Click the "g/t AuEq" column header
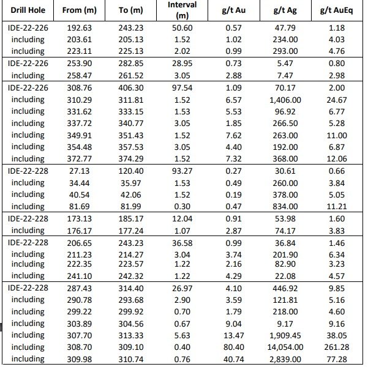[337, 10]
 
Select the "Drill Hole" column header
[28, 10]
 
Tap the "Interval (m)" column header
[182, 10]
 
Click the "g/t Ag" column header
[285, 10]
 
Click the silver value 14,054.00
[285, 347]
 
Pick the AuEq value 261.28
[337, 347]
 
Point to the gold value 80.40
[234, 347]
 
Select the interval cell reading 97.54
[182, 88]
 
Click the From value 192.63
[80, 28]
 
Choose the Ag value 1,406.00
[285, 100]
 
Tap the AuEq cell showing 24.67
[337, 100]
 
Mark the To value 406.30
[130, 88]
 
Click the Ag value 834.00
[285, 206]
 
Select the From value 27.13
[80, 171]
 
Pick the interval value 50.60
[182, 28]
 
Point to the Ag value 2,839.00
[285, 359]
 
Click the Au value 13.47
[234, 335]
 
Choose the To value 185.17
[130, 219]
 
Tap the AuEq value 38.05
[337, 335]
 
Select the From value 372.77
[80, 159]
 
